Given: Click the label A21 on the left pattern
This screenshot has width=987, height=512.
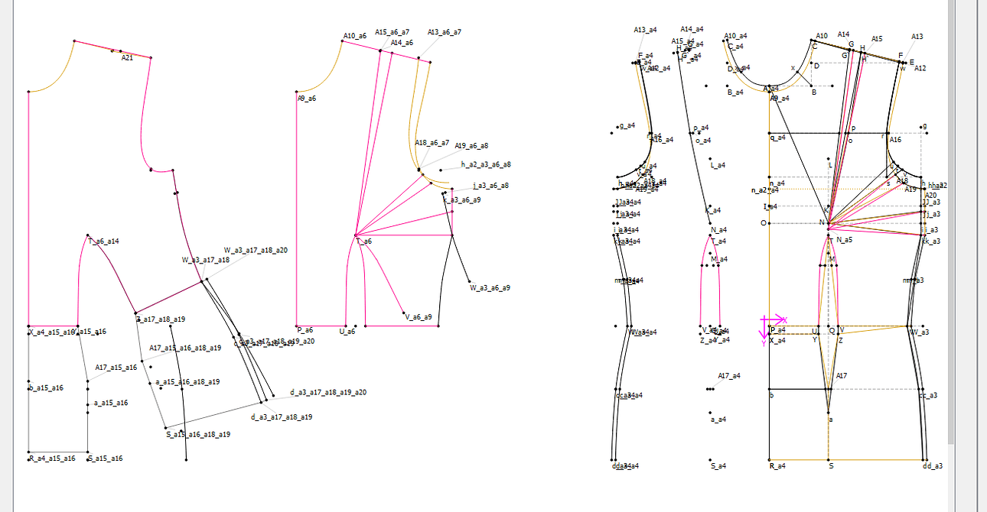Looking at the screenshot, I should (127, 58).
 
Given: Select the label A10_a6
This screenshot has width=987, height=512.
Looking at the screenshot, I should (354, 36).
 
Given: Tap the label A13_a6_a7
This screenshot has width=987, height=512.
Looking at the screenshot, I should (444, 32).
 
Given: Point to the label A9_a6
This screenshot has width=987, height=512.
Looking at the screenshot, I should (306, 99).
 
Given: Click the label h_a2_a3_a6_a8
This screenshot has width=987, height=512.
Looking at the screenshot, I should (486, 164).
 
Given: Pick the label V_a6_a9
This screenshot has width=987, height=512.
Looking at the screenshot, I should (419, 316).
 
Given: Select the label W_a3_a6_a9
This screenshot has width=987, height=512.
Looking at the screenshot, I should (490, 288).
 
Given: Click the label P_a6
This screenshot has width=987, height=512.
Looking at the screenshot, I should (305, 330).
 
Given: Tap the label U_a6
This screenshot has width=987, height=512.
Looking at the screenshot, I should (347, 331).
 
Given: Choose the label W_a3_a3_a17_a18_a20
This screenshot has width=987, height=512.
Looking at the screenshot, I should (256, 251).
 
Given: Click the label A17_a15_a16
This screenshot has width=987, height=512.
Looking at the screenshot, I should (116, 368).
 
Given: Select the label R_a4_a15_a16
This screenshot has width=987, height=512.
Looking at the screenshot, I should (52, 459).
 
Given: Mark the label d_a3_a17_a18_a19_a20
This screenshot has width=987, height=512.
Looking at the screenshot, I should (327, 392).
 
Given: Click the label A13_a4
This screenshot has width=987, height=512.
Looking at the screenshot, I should (645, 30).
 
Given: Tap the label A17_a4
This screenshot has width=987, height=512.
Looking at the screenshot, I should (729, 375).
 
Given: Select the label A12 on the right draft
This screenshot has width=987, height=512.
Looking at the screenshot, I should (920, 68).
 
